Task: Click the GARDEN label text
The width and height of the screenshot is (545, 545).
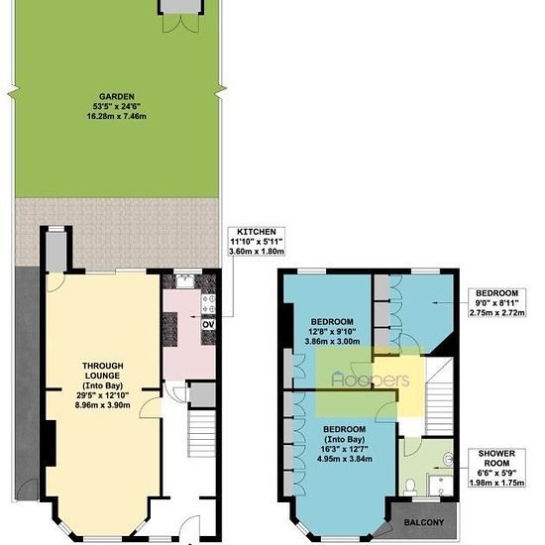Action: (117, 97)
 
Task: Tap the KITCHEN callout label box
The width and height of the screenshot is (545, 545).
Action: (257, 242)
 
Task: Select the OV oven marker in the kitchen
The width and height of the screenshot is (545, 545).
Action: (208, 325)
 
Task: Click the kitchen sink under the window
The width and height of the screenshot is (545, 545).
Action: (185, 281)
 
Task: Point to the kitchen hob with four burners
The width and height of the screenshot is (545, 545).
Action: (208, 303)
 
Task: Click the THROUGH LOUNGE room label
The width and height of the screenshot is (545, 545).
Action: (102, 385)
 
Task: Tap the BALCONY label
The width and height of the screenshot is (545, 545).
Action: (424, 522)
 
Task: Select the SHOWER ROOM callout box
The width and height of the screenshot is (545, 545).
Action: (496, 468)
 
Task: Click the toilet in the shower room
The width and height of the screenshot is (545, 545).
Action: (410, 487)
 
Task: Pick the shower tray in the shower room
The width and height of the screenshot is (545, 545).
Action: (441, 486)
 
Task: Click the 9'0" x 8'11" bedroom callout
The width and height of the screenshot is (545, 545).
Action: (496, 303)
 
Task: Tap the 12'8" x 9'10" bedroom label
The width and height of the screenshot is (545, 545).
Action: (332, 331)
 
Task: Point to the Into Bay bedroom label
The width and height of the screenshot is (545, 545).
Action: (345, 444)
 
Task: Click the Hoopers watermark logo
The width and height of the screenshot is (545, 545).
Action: (371, 380)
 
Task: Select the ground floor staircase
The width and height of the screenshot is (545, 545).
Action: (201, 433)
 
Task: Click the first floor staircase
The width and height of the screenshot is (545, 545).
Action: (440, 396)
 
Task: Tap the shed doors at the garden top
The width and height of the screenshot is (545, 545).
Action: (180, 24)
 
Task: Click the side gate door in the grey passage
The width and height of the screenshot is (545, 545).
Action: (27, 490)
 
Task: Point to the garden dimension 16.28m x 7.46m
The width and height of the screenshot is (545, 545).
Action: (117, 116)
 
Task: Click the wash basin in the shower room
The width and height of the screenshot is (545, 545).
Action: (449, 459)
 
